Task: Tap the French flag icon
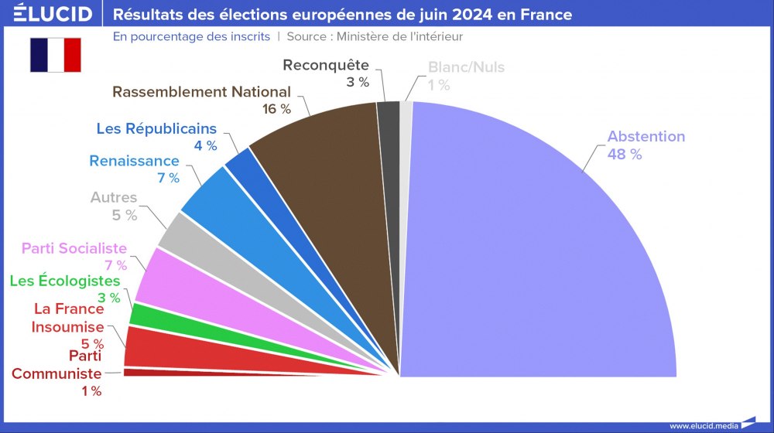coord(56,55)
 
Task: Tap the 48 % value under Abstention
coord(625,154)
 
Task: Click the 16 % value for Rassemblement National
coord(276,109)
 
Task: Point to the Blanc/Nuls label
coord(466,67)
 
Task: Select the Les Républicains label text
coord(156,128)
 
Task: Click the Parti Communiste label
coord(57,365)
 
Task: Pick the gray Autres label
coord(114,198)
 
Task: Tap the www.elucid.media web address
coord(704,425)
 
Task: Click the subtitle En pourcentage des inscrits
coord(191,36)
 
